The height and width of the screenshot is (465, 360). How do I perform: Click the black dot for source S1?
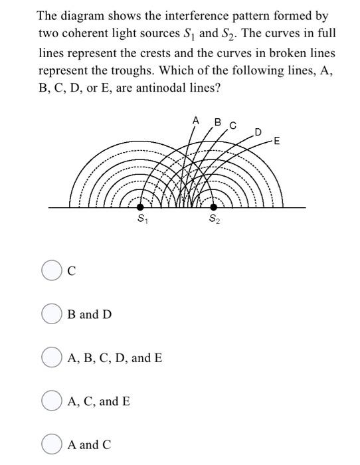(x=140, y=207)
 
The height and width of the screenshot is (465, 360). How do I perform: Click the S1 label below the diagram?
(x=141, y=219)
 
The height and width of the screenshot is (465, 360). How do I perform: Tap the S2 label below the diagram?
(x=213, y=219)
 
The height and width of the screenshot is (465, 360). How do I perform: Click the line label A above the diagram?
(x=196, y=121)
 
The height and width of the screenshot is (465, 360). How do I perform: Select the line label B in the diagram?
(x=217, y=122)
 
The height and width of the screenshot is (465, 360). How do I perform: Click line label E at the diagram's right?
(x=277, y=141)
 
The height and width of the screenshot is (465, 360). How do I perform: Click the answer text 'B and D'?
(x=90, y=314)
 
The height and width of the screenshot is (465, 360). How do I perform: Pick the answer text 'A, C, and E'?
(x=99, y=401)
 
